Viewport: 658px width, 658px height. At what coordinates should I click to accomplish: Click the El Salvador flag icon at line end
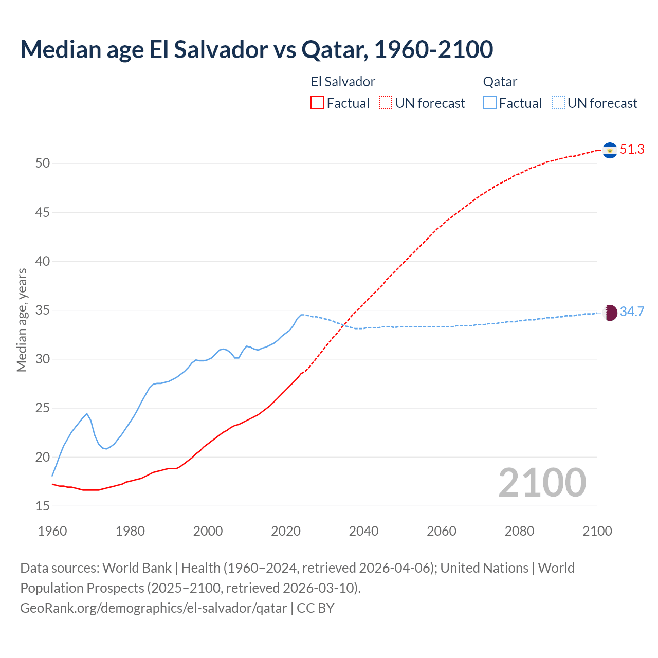[x=610, y=150]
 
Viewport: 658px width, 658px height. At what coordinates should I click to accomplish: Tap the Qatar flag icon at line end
[x=610, y=313]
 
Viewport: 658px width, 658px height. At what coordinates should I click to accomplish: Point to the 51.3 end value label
[x=632, y=149]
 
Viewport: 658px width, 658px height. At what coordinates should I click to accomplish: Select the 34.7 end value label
[x=632, y=312]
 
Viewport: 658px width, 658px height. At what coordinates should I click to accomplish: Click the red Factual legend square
[x=317, y=103]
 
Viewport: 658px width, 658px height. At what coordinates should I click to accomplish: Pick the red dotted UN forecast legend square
[x=386, y=103]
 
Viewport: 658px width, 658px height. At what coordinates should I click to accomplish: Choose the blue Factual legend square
[x=490, y=103]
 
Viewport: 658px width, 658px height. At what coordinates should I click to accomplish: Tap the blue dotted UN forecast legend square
[x=558, y=103]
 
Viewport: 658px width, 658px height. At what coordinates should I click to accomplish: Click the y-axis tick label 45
[x=43, y=212]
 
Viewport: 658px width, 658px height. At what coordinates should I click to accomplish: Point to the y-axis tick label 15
[x=43, y=506]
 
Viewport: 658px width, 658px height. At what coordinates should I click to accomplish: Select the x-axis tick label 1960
[x=52, y=531]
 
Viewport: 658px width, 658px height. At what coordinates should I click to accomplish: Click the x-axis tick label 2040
[x=363, y=531]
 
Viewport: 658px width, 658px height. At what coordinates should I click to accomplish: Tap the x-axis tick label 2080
[x=519, y=531]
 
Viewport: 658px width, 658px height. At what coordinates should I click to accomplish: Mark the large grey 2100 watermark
[x=542, y=482]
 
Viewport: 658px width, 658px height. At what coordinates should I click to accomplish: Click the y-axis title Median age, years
[x=22, y=320]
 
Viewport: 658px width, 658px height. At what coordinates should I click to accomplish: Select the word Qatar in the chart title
[x=331, y=49]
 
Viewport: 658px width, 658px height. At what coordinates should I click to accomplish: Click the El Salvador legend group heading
[x=343, y=82]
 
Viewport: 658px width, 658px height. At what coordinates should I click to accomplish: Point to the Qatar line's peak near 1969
[x=87, y=413]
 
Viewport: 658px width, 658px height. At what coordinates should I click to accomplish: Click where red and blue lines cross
[x=344, y=325]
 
